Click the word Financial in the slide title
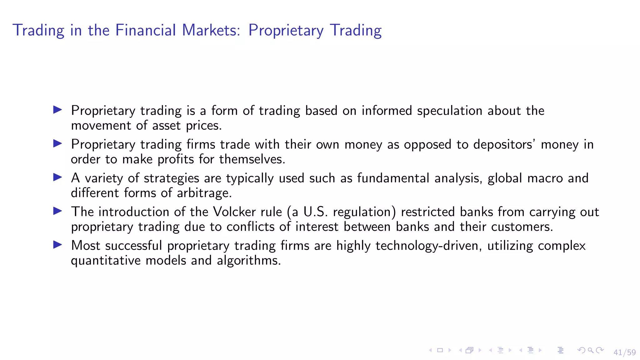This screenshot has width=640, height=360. [x=145, y=30]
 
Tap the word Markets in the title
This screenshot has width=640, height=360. [x=211, y=30]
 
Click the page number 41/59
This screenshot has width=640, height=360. [x=624, y=352]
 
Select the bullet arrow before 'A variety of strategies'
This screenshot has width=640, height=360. [x=57, y=177]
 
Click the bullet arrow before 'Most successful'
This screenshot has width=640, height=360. [x=57, y=245]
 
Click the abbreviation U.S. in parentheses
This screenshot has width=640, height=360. [x=315, y=212]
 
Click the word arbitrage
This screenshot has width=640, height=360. [x=204, y=193]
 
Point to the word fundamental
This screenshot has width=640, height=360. [x=393, y=178]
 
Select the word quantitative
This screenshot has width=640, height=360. [x=106, y=261]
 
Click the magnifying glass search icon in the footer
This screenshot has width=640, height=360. [x=590, y=350]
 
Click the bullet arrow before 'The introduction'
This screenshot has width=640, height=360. [x=57, y=211]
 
